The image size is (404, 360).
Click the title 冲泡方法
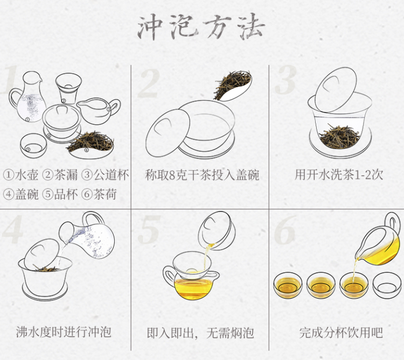pyautogui.click(x=201, y=27)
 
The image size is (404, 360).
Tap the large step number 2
pyautogui.click(x=149, y=83)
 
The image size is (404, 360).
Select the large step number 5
pyautogui.click(x=149, y=230)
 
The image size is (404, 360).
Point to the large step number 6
pyautogui.click(x=285, y=230)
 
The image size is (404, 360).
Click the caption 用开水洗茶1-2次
pyautogui.click(x=339, y=175)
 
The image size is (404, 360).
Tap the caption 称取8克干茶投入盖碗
pyautogui.click(x=202, y=175)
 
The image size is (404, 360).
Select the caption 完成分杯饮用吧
pyautogui.click(x=341, y=333)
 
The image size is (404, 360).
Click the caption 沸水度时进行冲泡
pyautogui.click(x=64, y=332)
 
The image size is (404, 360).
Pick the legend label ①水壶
pyautogui.click(x=20, y=175)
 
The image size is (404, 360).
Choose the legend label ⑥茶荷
pyautogui.click(x=99, y=194)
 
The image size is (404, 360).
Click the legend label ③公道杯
pyautogui.click(x=105, y=175)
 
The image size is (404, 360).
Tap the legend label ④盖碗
pyautogui.click(x=20, y=194)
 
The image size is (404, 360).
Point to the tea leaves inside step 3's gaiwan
pyautogui.click(x=339, y=136)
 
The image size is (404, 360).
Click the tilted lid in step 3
pyautogui.click(x=336, y=90)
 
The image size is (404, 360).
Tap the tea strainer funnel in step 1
pyautogui.click(x=68, y=88)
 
